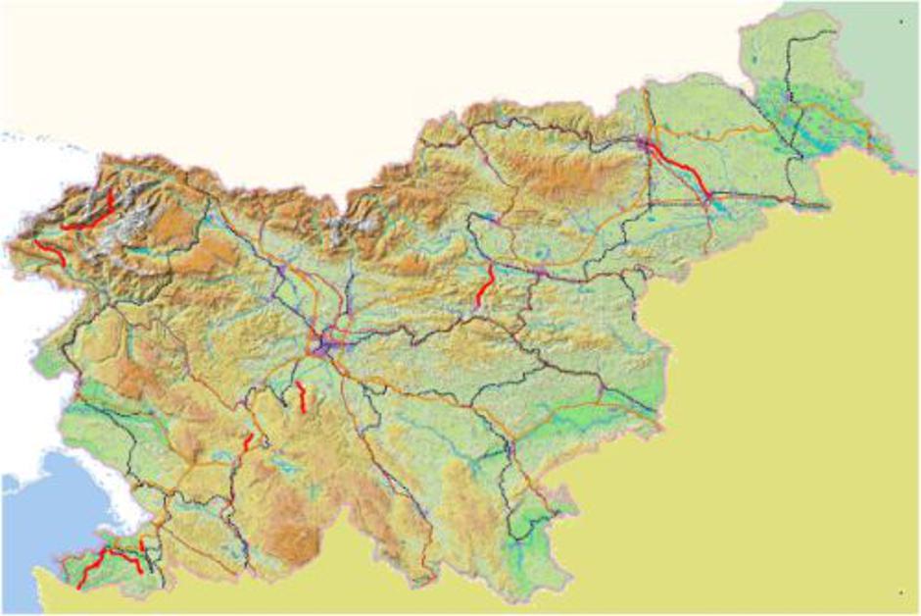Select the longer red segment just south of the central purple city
302,396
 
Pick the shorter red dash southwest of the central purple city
249,441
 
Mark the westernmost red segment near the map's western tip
50,251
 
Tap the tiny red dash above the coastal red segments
142,542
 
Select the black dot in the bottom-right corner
899,593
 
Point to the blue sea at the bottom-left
39,510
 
